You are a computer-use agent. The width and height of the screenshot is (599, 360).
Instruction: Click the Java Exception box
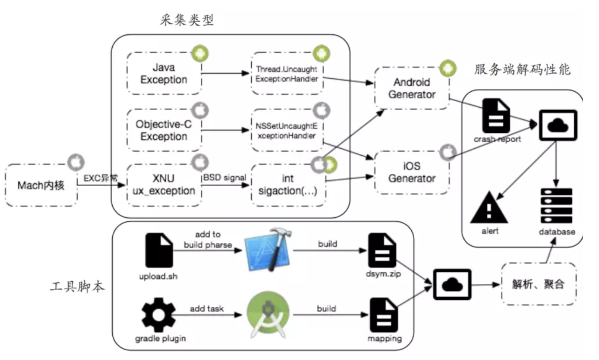(164, 74)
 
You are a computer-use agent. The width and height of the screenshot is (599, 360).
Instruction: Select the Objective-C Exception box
(164, 130)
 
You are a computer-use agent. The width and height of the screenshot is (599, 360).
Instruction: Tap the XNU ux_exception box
(164, 185)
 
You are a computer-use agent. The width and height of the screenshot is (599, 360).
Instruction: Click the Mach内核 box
(41, 185)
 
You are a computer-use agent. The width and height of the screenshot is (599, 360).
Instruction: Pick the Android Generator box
(412, 88)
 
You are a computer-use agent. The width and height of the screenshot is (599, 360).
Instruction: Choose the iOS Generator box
(412, 172)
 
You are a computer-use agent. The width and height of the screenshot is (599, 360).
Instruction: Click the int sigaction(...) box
(288, 185)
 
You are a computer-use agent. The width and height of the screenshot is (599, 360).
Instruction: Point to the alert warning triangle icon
(489, 208)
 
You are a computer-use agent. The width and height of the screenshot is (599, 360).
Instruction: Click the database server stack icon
(556, 206)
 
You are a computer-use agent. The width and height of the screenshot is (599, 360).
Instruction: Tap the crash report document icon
(496, 116)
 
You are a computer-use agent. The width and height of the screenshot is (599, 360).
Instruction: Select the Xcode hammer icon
(268, 249)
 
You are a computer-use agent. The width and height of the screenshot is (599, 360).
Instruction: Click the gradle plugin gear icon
(159, 314)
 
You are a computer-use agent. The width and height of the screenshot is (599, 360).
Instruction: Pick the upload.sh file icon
(159, 250)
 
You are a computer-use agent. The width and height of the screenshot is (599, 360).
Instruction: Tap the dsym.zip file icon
(382, 250)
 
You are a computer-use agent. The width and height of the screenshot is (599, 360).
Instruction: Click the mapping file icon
(384, 315)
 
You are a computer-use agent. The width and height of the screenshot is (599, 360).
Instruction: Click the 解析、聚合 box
(539, 284)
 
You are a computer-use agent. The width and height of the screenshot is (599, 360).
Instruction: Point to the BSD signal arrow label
(225, 177)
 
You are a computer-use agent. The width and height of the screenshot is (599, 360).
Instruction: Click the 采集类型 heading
(187, 20)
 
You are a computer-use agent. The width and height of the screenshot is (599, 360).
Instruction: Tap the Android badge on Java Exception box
(200, 54)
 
